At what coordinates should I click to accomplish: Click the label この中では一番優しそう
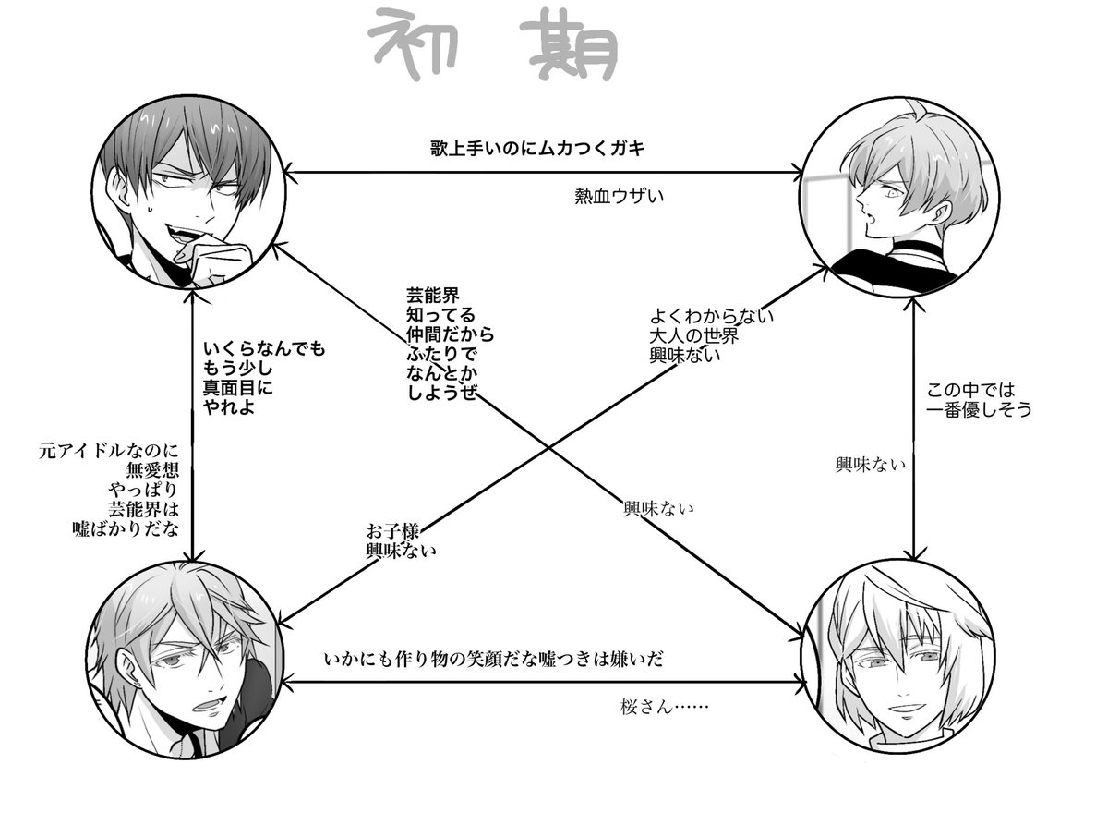[x=979, y=400]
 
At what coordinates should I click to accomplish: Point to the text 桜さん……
[x=665, y=709]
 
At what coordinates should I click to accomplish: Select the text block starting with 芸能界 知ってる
[x=450, y=343]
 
